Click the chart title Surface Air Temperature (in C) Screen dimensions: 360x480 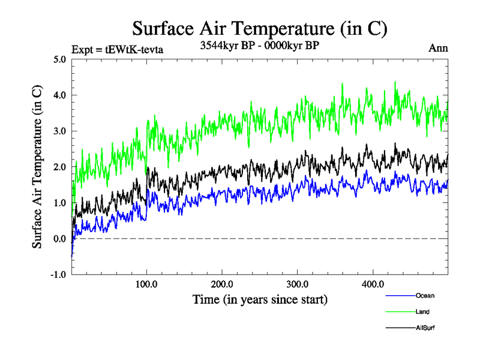(259, 28)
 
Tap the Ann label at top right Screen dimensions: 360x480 (438, 48)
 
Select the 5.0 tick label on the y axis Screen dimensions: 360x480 (59, 59)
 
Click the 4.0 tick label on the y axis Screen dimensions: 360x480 (59, 95)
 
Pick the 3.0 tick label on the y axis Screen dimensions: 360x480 (59, 131)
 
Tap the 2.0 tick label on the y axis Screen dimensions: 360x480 (59, 167)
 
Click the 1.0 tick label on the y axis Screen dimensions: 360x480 (59, 203)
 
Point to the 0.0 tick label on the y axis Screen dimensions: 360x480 (59, 239)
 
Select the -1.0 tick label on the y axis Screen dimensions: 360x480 (58, 274)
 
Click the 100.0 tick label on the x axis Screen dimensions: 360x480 (146, 284)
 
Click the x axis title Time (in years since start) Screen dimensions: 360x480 (260, 298)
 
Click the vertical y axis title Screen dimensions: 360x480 (37, 167)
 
